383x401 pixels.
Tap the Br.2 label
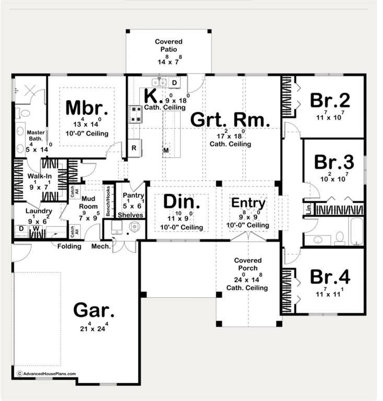329,100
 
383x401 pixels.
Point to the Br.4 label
330,277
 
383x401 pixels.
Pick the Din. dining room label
181,202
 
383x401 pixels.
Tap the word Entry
248,203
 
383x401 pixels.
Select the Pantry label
130,196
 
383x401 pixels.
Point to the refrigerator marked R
134,148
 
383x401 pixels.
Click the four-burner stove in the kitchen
135,113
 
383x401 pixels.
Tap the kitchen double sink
159,82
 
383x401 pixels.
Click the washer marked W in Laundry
36,229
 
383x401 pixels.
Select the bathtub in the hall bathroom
356,231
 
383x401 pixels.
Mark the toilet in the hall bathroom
339,238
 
